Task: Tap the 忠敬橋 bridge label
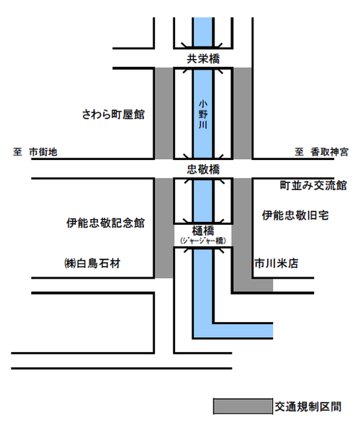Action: (203, 169)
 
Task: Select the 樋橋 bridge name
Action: (203, 230)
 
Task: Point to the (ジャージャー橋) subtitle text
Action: (203, 241)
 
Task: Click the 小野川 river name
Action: (203, 115)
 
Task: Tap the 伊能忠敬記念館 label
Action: (105, 223)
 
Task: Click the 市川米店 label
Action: (276, 264)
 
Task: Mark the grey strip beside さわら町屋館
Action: (164, 113)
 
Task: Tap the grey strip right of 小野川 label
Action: (241, 113)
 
